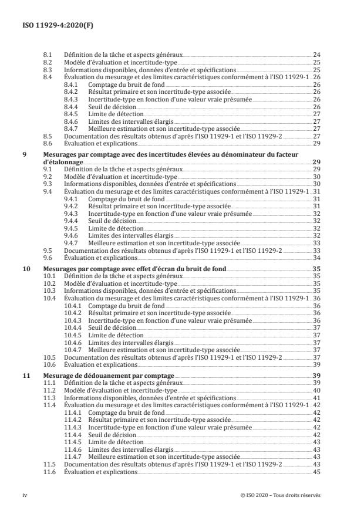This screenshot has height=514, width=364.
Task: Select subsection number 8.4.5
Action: (70, 114)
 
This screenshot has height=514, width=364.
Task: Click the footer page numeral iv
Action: (25, 495)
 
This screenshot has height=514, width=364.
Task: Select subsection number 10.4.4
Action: (72, 327)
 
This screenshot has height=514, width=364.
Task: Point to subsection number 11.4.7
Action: (72, 456)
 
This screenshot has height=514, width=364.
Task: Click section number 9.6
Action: (49, 258)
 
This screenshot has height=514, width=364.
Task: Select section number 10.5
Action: (50, 357)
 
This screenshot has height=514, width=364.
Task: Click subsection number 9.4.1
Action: (70, 199)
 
